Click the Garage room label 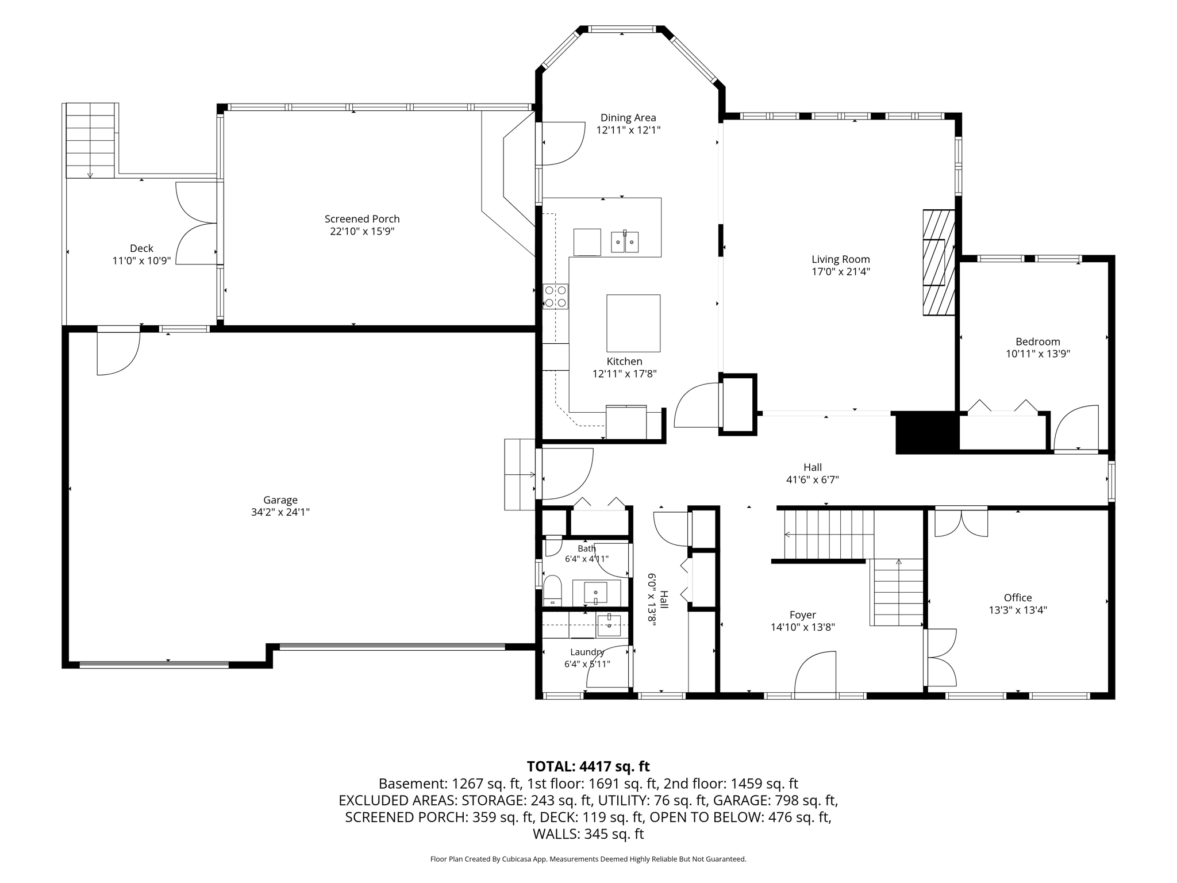[280, 500]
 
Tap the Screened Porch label [362, 219]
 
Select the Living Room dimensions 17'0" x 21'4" [841, 272]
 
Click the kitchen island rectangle [633, 323]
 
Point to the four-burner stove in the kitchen [555, 297]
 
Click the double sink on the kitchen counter [625, 242]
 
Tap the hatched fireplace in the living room [938, 262]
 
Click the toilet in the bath [552, 590]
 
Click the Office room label [1018, 598]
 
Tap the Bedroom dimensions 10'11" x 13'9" [1038, 354]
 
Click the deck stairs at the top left [90, 141]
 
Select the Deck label [141, 248]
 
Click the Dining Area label [628, 118]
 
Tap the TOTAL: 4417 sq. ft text [588, 766]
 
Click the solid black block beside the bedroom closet [928, 432]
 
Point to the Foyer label [803, 615]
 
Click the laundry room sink [609, 625]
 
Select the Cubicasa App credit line [588, 859]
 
